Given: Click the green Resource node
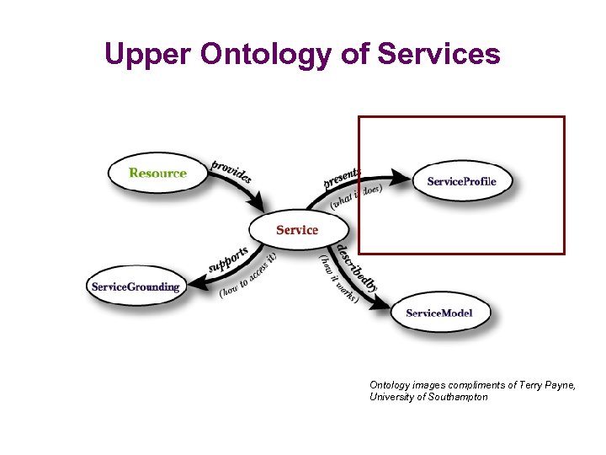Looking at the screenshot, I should click(x=157, y=174).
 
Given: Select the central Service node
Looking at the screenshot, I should click(x=297, y=229).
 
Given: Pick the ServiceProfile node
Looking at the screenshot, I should click(x=461, y=181).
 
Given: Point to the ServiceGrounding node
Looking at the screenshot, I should click(x=136, y=286).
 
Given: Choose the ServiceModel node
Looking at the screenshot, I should click(x=439, y=313).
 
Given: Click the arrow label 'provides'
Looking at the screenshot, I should click(x=231, y=171).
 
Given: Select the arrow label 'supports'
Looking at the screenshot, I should click(x=229, y=260).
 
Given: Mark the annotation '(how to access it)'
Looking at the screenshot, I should click(x=248, y=276).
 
